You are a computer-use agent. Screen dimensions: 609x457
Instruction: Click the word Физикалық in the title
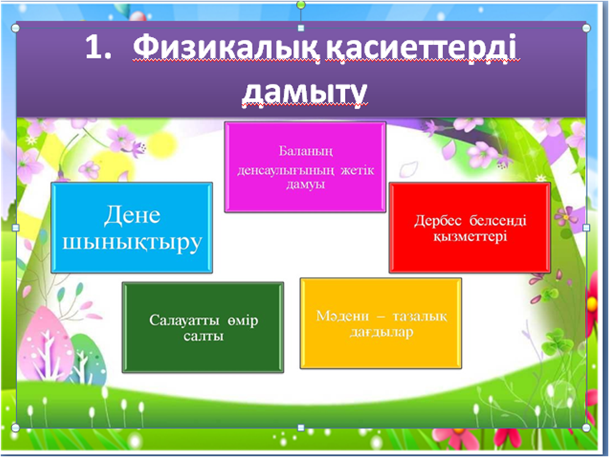227,47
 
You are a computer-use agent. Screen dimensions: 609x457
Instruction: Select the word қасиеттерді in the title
421,47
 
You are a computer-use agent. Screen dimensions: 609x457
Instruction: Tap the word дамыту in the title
305,93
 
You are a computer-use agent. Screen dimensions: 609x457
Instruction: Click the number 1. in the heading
98,47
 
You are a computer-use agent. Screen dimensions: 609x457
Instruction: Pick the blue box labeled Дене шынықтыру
132,227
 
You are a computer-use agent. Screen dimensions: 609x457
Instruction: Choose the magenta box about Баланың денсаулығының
305,167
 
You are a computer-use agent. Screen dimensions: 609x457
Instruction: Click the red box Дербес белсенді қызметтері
470,227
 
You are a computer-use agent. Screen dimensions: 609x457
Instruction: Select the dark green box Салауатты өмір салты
203,328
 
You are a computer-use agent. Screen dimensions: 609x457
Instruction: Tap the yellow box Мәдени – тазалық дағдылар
381,323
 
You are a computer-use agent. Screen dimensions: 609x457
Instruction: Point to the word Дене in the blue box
132,215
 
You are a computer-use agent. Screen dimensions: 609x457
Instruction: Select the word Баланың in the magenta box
306,151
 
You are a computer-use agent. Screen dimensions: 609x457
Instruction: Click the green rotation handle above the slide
301,5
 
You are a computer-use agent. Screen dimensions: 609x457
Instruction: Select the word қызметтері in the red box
471,236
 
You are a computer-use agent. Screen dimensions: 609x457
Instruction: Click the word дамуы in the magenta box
305,184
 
